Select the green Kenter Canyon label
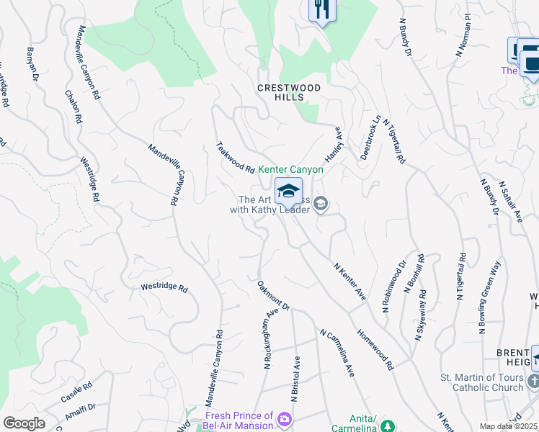290,169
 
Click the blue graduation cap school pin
288,192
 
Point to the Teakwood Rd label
236,158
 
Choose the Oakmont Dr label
273,296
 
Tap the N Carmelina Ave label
337,354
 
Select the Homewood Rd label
375,350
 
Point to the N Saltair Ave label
513,202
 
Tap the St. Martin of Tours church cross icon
533,381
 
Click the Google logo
24,423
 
